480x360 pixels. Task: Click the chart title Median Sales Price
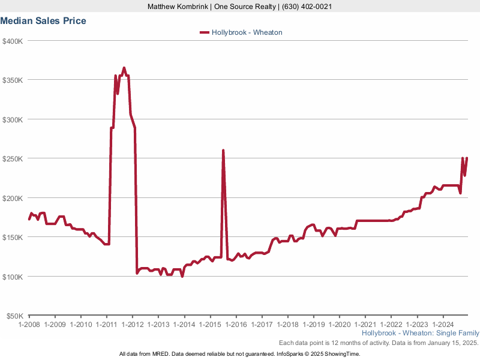[43, 21]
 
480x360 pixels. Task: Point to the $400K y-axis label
[13, 41]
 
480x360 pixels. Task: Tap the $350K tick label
[13, 80]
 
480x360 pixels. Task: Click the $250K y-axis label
[13, 158]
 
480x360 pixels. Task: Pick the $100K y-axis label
[13, 277]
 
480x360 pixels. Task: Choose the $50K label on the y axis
[14, 316]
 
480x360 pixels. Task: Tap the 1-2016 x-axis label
[236, 324]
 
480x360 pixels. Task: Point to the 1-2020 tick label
[339, 324]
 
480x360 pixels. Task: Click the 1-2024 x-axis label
[443, 324]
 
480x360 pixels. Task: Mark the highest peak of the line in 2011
[124, 68]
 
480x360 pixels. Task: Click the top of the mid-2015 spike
[223, 151]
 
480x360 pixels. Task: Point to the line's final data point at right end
[467, 158]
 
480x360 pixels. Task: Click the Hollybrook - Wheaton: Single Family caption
[421, 333]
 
